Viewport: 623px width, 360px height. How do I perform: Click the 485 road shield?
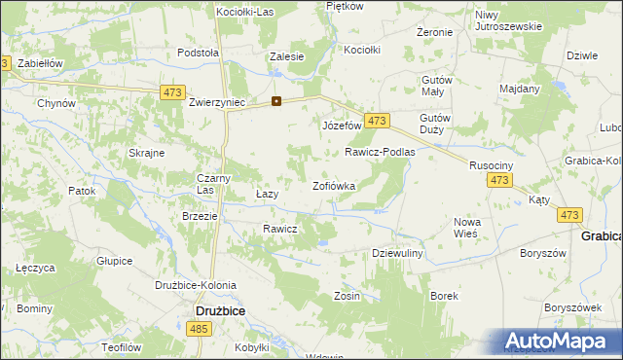(x=200, y=332)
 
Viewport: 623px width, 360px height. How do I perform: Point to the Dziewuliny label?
(x=396, y=253)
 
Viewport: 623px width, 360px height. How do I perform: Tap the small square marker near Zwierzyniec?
(x=276, y=100)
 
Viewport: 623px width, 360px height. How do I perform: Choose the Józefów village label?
(x=342, y=126)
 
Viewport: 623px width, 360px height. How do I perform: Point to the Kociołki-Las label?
(x=246, y=11)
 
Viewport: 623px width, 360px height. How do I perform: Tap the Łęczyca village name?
(x=34, y=268)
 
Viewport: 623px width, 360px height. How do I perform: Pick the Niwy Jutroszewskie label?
(x=508, y=20)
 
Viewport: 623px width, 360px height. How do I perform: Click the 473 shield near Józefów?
(x=379, y=121)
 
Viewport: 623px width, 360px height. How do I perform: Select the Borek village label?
(x=444, y=295)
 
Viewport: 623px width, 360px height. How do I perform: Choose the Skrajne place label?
(x=145, y=154)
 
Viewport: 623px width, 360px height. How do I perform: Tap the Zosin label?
(x=348, y=296)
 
